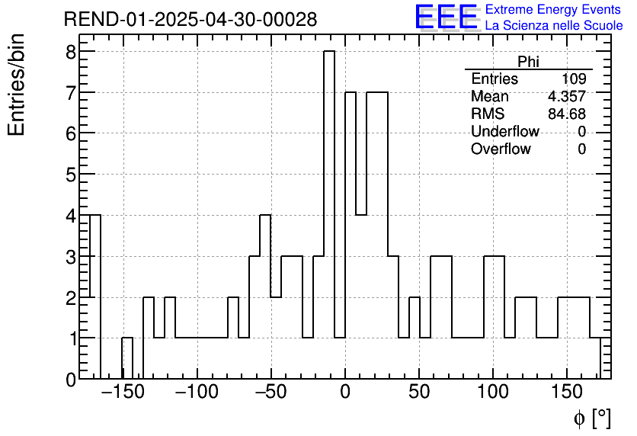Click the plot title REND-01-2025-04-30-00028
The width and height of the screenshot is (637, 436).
[190, 20]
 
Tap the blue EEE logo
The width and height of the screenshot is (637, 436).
[446, 18]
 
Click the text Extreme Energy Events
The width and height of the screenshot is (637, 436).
[553, 10]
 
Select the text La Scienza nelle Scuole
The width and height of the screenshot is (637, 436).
[553, 26]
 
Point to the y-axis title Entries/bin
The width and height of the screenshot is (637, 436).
[17, 85]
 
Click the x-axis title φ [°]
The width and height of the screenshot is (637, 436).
[591, 418]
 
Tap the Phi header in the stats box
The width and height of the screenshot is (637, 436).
[528, 62]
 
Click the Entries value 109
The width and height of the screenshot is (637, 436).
[573, 79]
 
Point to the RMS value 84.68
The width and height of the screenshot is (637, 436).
[566, 114]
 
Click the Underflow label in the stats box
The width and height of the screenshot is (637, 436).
[504, 132]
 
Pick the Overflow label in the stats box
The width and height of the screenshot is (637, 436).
[501, 149]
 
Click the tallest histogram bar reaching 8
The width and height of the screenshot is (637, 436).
[329, 213]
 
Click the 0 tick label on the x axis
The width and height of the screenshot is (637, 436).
[345, 393]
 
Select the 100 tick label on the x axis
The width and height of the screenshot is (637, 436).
[493, 393]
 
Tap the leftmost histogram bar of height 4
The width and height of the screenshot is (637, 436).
[95, 297]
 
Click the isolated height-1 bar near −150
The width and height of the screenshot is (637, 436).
[127, 358]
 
